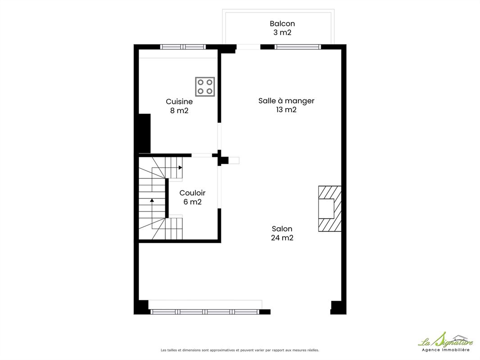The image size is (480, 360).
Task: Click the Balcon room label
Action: (x=282, y=23)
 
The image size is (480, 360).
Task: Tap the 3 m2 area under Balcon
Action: (x=282, y=32)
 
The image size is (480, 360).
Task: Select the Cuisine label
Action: (x=179, y=102)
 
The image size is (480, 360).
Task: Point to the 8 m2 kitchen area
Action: (x=179, y=110)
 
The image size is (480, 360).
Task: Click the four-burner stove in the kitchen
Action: (x=205, y=86)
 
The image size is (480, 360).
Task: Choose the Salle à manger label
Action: (x=286, y=101)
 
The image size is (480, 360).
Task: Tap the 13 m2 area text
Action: (x=286, y=109)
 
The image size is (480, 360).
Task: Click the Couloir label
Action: (x=192, y=193)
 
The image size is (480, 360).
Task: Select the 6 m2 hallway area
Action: (x=192, y=202)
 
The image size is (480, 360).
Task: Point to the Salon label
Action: (x=282, y=229)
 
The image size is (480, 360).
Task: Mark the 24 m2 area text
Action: (x=282, y=238)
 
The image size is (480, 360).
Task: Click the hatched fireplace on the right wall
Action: (x=330, y=209)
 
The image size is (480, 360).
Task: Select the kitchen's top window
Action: (x=183, y=47)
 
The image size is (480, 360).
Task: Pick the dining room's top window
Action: (x=298, y=47)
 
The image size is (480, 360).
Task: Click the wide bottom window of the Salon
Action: (x=205, y=312)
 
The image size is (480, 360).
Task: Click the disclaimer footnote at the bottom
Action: (x=240, y=350)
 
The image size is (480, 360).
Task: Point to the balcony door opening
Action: (x=248, y=47)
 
